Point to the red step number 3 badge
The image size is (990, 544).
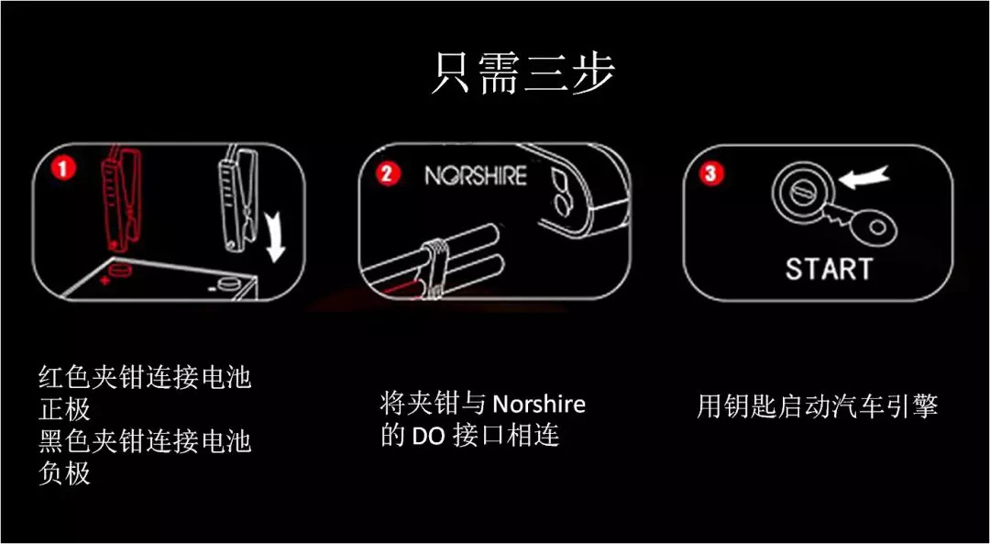[x=711, y=174]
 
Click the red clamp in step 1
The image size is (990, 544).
[x=117, y=197]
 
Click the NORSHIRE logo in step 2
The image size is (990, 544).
[x=476, y=175]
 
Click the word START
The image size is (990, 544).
[x=829, y=269]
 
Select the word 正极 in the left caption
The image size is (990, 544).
[x=64, y=411]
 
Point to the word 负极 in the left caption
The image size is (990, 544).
[x=64, y=473]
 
